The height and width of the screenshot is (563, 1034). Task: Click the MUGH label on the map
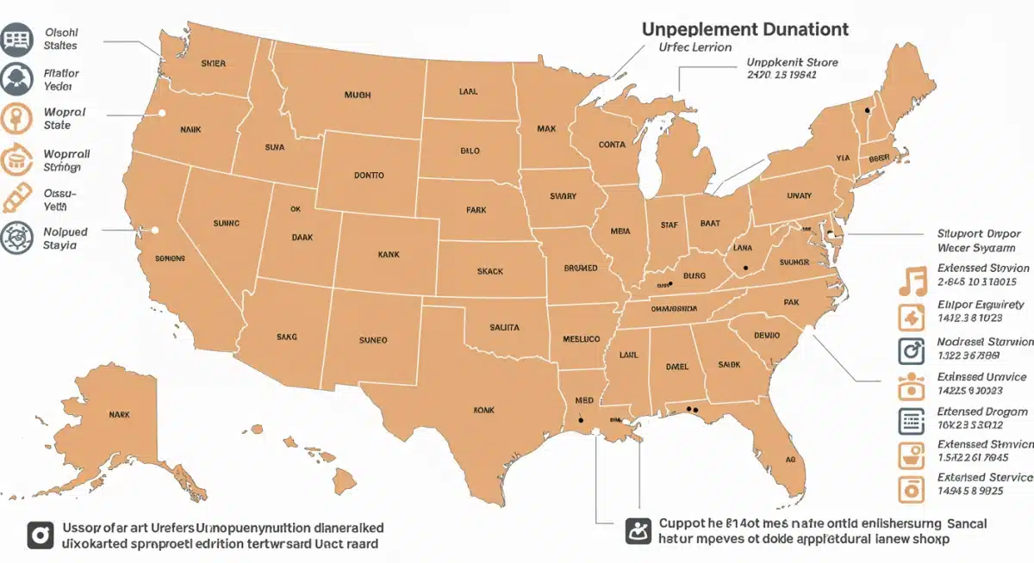coord(357,96)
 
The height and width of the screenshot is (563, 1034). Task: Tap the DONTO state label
coord(369,175)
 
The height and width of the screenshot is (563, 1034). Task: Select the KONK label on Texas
coord(484,411)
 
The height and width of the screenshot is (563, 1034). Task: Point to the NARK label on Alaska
coord(119,414)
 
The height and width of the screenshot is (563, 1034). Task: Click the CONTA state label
coord(612,145)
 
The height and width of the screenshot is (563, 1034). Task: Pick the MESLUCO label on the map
coord(581,339)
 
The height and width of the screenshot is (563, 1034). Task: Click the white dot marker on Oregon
coord(161,112)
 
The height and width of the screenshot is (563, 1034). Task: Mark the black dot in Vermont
coord(868,110)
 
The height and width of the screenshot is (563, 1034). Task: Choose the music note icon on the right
coord(911,281)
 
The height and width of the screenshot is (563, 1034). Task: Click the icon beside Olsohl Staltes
coord(16,39)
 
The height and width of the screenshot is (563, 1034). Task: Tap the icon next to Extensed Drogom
coord(911,420)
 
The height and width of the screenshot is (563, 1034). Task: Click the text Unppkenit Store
coord(791,63)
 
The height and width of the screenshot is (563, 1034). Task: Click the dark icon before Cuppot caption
coord(637,531)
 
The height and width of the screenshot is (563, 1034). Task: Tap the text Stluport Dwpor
coord(984,233)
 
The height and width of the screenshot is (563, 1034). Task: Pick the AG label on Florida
coord(789,460)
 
